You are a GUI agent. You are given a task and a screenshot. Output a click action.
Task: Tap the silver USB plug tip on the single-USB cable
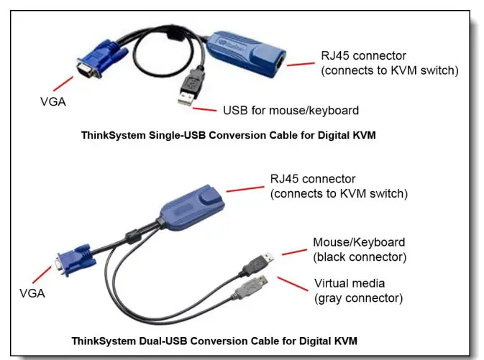pos(184,99)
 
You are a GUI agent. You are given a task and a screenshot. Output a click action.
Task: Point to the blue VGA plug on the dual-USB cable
pos(73,260)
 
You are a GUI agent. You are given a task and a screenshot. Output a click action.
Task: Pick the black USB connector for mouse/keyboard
pos(257,263)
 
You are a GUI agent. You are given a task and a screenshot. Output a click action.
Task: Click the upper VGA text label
pos(53,102)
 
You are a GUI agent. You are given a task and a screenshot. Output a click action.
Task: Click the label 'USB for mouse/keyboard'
pos(291,111)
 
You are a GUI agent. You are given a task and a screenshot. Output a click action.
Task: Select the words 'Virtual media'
pos(348,283)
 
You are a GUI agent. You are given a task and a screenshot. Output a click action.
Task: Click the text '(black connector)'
pos(358,257)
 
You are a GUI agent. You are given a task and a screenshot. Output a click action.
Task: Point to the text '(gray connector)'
pos(357,297)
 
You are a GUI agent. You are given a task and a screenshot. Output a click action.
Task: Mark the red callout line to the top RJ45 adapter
pos(301,63)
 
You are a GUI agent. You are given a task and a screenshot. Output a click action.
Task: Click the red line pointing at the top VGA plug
pos(65,84)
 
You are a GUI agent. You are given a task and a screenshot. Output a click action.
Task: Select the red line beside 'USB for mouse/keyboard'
pos(206,109)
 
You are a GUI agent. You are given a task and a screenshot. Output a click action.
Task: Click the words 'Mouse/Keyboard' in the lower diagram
pos(359,242)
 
